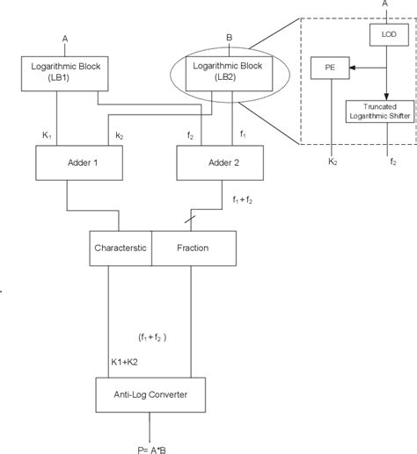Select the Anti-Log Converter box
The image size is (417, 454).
[x=154, y=393]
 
